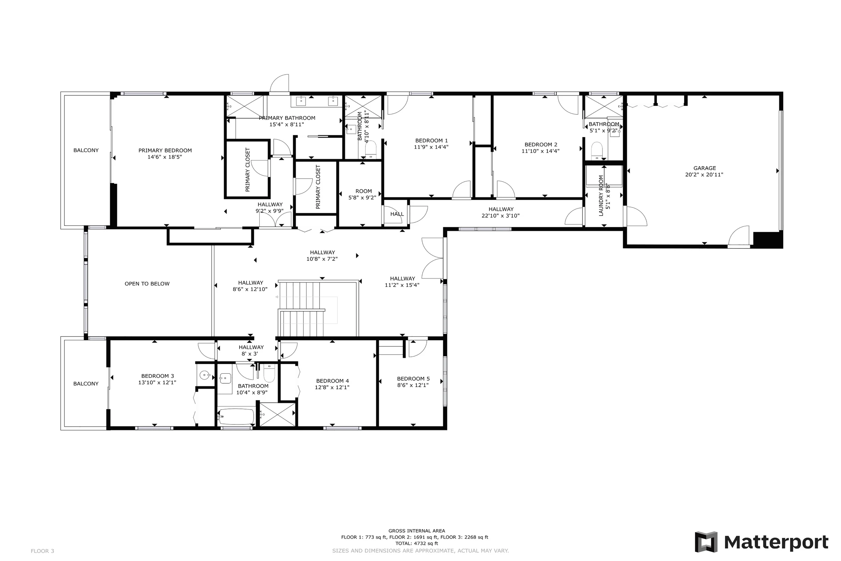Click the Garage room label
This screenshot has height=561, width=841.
coord(704,168)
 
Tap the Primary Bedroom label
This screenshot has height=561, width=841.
coord(165,151)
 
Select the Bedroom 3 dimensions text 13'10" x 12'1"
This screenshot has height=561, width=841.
coord(157,383)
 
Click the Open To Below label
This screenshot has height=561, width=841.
coord(147,284)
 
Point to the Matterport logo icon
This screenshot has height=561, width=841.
coord(706,542)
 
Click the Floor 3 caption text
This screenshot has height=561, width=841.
coord(42,551)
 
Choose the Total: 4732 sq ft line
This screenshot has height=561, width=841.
coord(416,543)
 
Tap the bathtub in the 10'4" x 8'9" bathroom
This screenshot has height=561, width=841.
coord(236,416)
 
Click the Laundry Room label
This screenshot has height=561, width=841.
coord(601,195)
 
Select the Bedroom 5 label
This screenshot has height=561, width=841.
coord(413,378)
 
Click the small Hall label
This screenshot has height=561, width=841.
coord(397,214)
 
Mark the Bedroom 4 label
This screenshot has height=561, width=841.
coord(332,381)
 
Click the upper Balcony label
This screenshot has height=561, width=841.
coord(86,150)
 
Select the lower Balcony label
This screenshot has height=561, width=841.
coord(86,384)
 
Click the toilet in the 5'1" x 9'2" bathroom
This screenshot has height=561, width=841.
coord(597,151)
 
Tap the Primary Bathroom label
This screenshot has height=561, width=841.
coord(287,118)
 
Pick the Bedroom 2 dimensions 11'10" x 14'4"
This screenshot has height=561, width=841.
coord(540,151)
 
